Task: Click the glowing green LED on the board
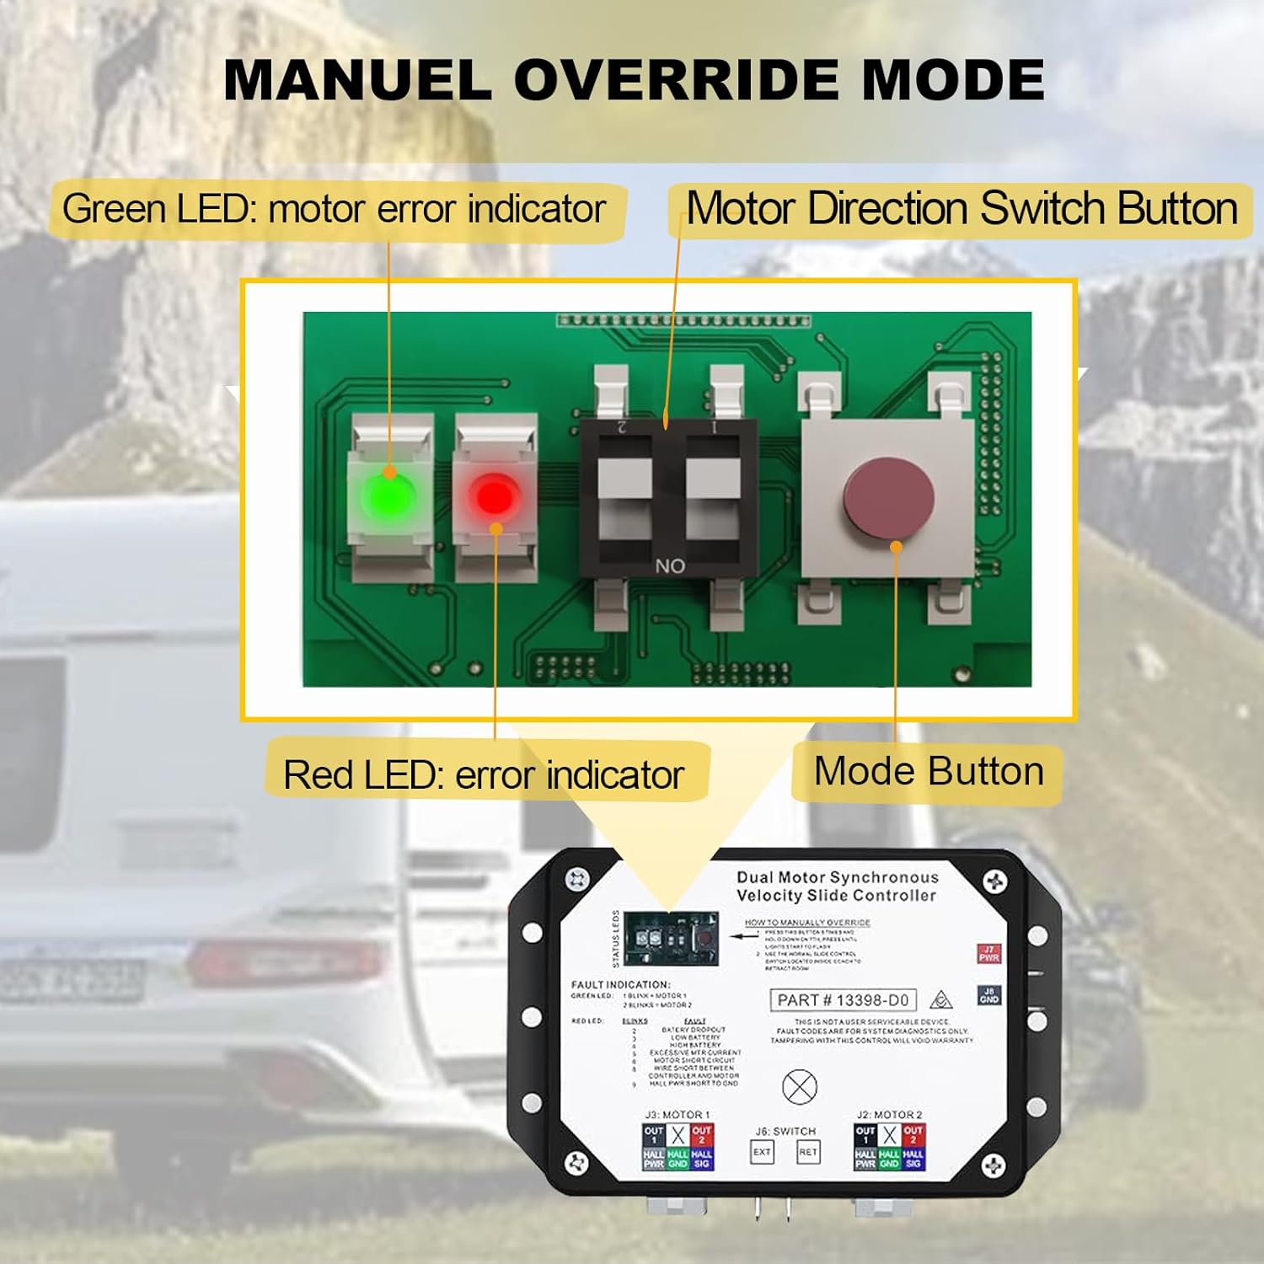coord(388,495)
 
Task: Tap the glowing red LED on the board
coord(495,495)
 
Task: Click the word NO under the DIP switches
coord(670,566)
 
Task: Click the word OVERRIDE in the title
coord(678,80)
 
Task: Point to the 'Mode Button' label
coord(929,772)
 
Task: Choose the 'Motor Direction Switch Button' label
coord(961,209)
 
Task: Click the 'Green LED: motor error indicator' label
coord(335,209)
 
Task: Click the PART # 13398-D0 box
coord(843,1000)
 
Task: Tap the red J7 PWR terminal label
coord(988,954)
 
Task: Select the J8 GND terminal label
coord(988,995)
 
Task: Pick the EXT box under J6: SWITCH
coord(762,1152)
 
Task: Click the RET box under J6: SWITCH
coord(807,1152)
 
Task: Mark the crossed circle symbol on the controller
coord(800,1087)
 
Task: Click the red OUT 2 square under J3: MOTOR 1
coord(701,1134)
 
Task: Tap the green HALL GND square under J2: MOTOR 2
coord(889,1160)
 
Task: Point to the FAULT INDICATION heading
coord(620,984)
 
